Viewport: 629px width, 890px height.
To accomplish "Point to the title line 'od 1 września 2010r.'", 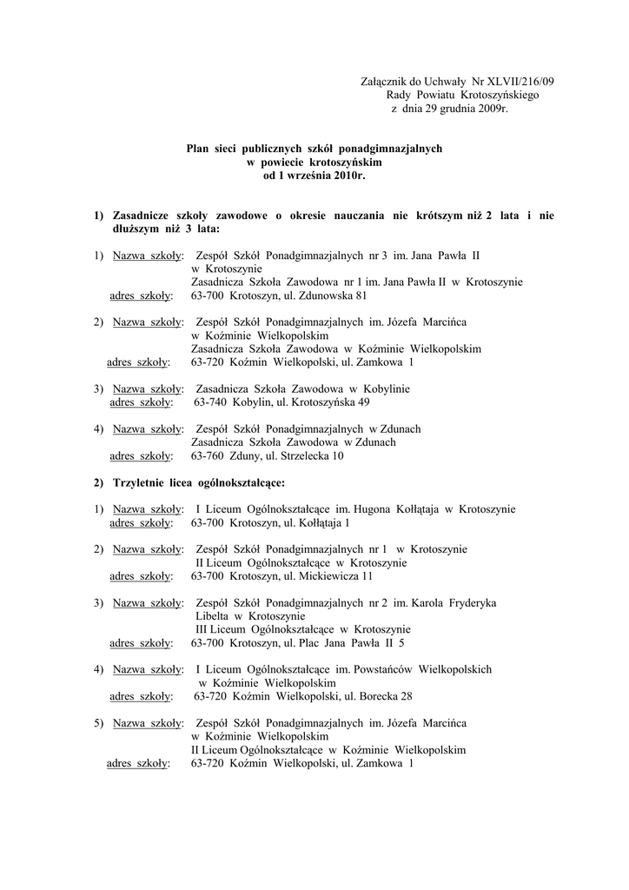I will pos(314,175).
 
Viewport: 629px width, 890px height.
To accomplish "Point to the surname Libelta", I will pos(214,615).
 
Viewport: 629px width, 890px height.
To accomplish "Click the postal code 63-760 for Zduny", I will pos(208,455).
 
